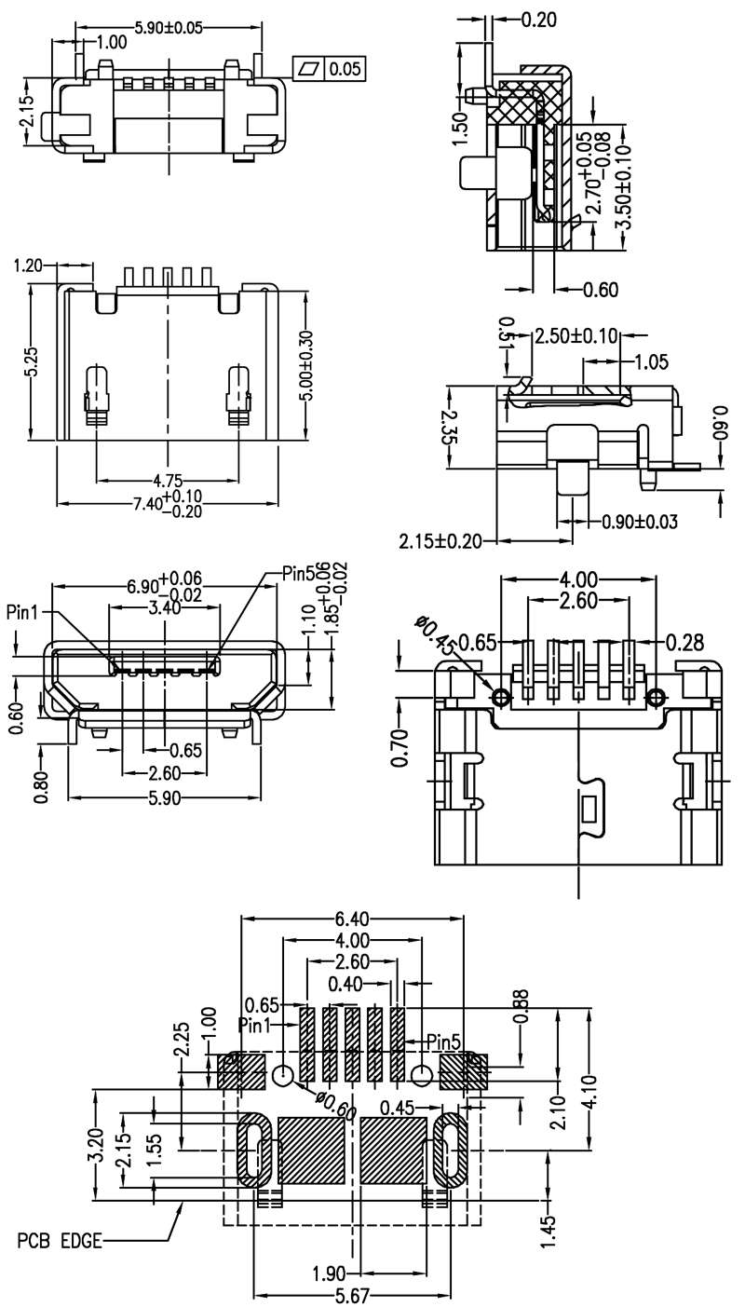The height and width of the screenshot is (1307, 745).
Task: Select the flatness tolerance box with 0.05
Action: pyautogui.click(x=331, y=68)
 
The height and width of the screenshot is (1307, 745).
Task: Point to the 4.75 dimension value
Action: pyautogui.click(x=168, y=481)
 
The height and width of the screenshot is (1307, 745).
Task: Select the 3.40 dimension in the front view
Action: pyautogui.click(x=166, y=606)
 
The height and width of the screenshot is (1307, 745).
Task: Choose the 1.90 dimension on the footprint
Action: pyautogui.click(x=330, y=1273)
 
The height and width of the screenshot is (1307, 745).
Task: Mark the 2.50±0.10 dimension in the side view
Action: pyautogui.click(x=576, y=335)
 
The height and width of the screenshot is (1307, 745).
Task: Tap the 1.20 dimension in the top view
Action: pyautogui.click(x=30, y=266)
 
